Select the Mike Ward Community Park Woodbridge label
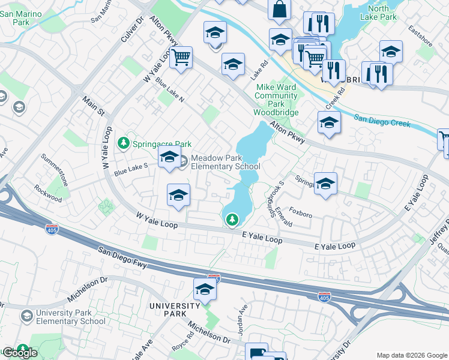click(x=276, y=100)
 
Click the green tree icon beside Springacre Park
click(x=124, y=143)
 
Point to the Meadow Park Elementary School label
click(x=225, y=163)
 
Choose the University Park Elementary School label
click(x=70, y=317)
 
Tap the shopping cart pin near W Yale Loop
click(x=181, y=58)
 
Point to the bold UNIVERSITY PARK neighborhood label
click(x=174, y=310)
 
